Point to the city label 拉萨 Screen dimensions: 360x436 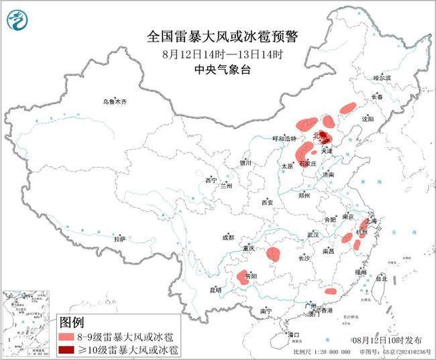click(119, 239)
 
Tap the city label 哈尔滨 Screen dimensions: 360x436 click(382, 78)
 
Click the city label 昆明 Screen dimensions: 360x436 click(215, 290)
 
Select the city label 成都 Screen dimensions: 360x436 click(229, 237)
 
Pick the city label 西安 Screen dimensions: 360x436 click(268, 202)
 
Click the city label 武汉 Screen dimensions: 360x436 click(313, 235)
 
